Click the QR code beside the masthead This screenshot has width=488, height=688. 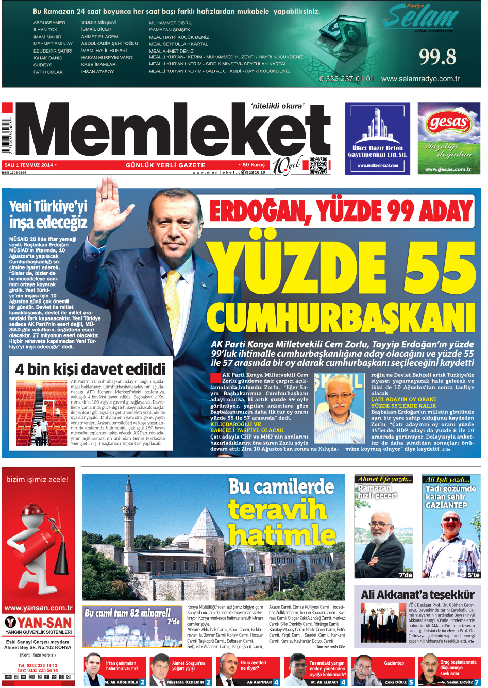pyautogui.click(x=318, y=165)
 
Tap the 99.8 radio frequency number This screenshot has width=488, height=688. pyautogui.click(x=437, y=57)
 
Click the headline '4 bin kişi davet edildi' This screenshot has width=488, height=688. pyautogui.click(x=91, y=369)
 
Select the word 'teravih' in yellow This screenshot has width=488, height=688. pyautogui.click(x=278, y=510)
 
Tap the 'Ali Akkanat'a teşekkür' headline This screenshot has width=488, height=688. pyautogui.click(x=417, y=594)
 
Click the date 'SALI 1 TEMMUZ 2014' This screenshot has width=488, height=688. pyautogui.click(x=29, y=165)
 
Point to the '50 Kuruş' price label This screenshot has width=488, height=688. pyautogui.click(x=253, y=165)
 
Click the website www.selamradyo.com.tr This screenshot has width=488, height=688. pyautogui.click(x=420, y=79)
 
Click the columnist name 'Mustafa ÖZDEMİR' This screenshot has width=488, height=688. pyautogui.click(x=185, y=682)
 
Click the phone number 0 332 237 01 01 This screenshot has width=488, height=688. pyautogui.click(x=347, y=79)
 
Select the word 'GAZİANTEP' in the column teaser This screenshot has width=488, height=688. pyautogui.click(x=446, y=505)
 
